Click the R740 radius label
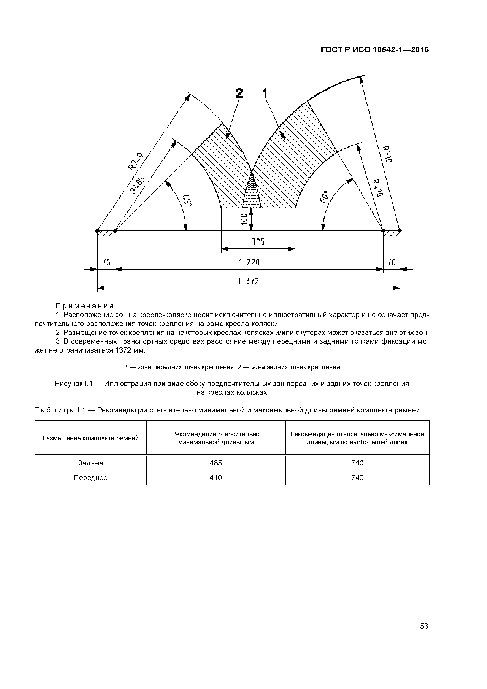tap(136, 161)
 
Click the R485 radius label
tap(137, 185)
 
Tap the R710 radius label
tap(387, 154)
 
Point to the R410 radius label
tap(377, 188)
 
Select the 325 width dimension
tap(258, 242)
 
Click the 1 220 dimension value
tap(249, 263)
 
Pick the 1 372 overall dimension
tap(248, 281)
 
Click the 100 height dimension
tap(244, 219)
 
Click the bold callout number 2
tap(239, 93)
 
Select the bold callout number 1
tap(265, 93)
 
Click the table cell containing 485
tap(216, 463)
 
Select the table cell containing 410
tap(216, 478)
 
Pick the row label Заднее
tap(91, 463)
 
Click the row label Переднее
tap(91, 478)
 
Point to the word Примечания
tap(85, 306)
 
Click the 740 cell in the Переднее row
tap(357, 478)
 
